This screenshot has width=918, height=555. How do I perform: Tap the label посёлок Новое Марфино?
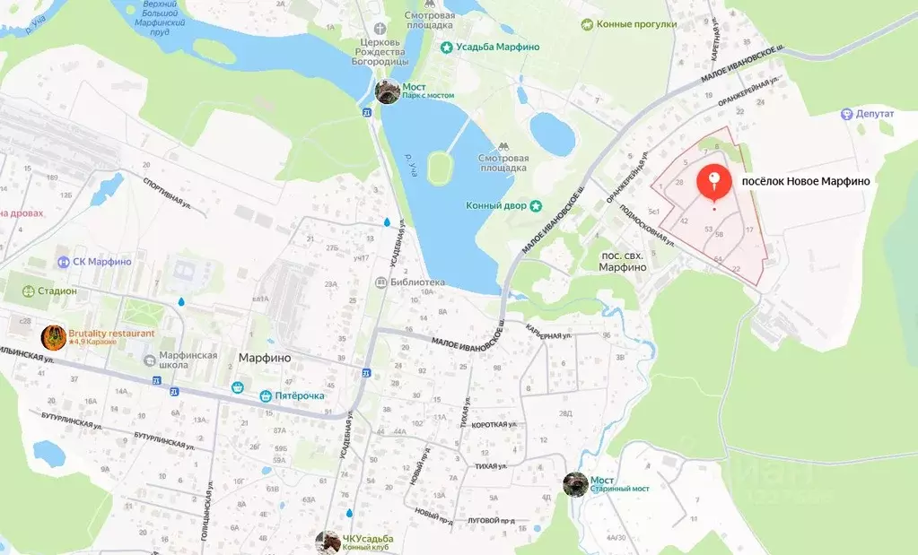805,181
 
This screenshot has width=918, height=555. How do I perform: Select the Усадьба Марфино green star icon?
446,47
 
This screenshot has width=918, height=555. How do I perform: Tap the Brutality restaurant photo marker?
54,337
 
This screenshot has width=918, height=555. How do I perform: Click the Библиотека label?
417,282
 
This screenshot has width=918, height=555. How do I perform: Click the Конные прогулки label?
635,24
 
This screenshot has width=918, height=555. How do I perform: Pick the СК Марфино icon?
64,262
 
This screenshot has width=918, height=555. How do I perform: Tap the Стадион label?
57,291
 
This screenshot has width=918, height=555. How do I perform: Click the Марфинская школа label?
188,360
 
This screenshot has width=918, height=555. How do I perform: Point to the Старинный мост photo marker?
575,484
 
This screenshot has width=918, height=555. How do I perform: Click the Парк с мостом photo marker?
388,91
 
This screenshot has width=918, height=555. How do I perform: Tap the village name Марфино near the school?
265,357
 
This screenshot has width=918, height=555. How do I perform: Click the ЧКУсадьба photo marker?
328,542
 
